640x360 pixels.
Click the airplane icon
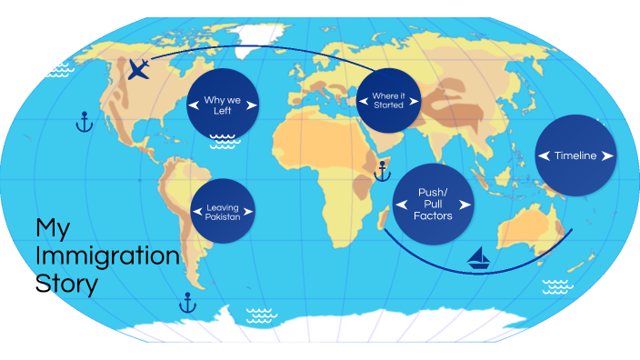pyautogui.click(x=139, y=69)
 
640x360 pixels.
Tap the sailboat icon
pyautogui.click(x=479, y=260)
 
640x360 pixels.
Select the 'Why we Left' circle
pyautogui.click(x=222, y=105)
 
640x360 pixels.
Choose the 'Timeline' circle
pyautogui.click(x=575, y=155)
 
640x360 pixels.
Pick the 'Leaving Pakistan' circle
pyautogui.click(x=222, y=211)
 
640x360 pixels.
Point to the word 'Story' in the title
pyautogui.click(x=66, y=284)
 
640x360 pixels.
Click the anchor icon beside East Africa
pyautogui.click(x=382, y=169)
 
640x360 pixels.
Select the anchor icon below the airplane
pyautogui.click(x=84, y=122)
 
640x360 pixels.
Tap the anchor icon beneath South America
pyautogui.click(x=188, y=302)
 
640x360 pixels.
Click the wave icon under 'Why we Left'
pyautogui.click(x=223, y=141)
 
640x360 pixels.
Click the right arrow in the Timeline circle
pyautogui.click(x=606, y=155)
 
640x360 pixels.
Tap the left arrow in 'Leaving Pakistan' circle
pyautogui.click(x=196, y=211)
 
